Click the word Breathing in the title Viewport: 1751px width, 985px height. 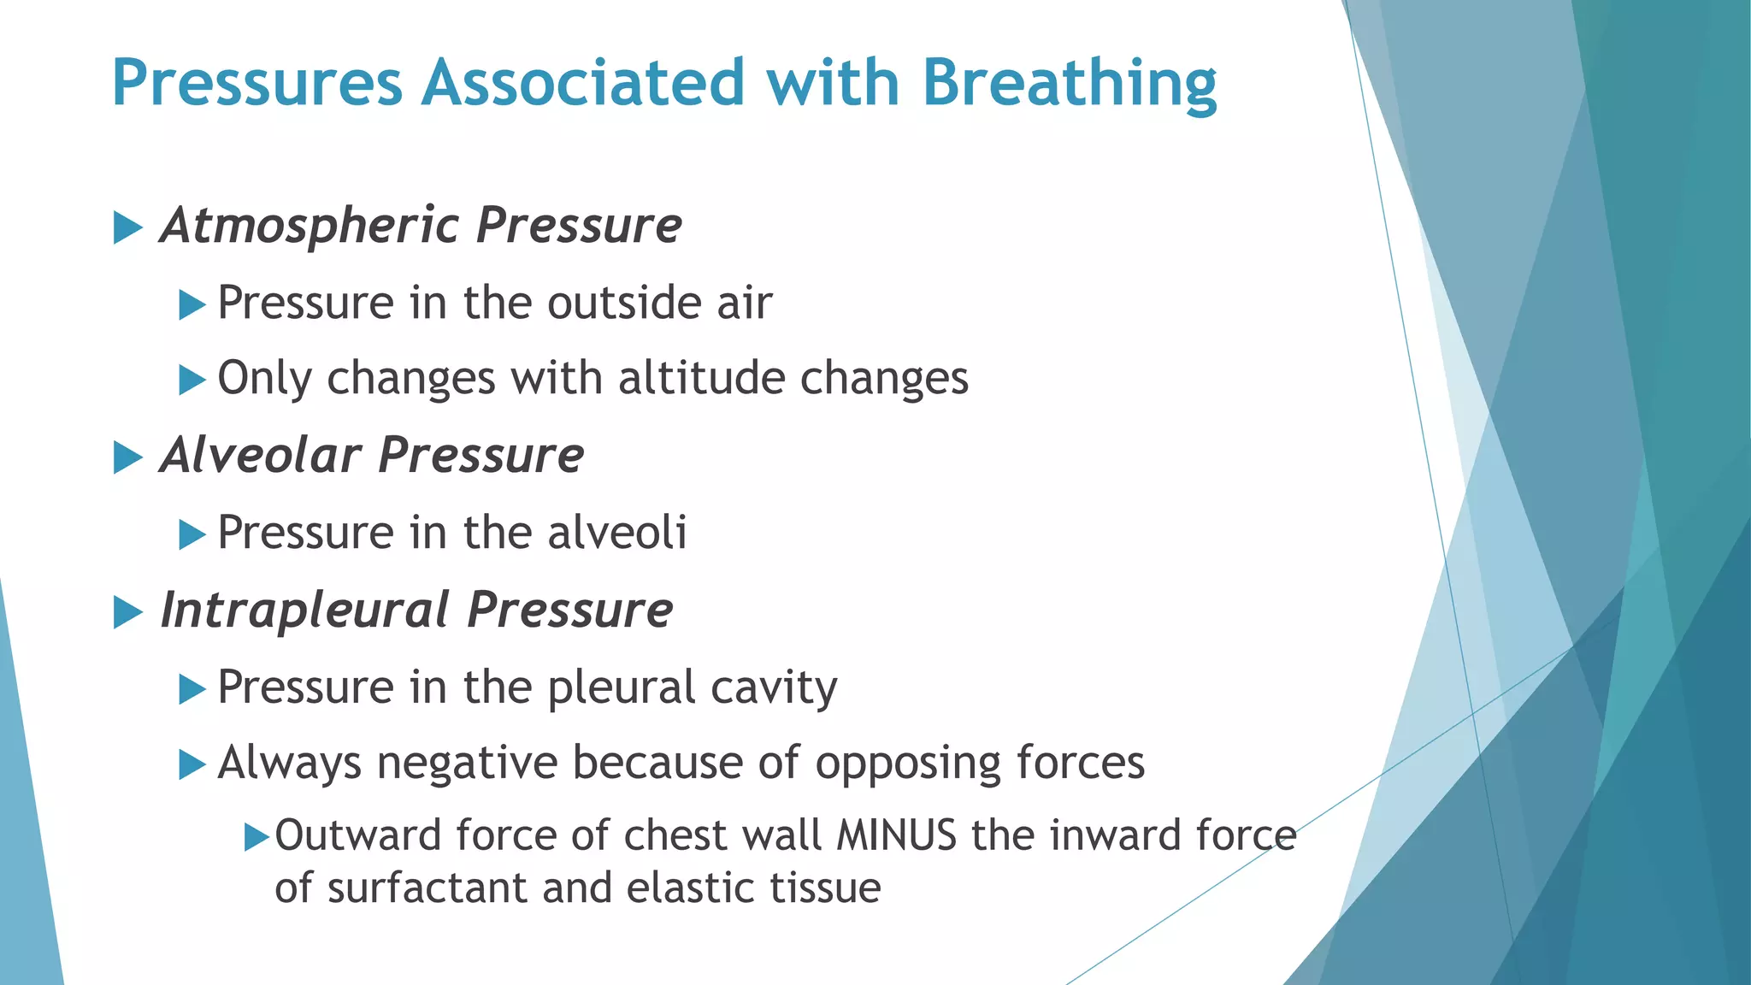pyautogui.click(x=1069, y=84)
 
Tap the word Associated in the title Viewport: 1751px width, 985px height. pyautogui.click(x=582, y=84)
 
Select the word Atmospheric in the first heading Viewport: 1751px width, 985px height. pyautogui.click(x=310, y=226)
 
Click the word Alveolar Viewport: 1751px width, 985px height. pyautogui.click(x=260, y=455)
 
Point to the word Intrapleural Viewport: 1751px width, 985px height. pyautogui.click(x=305, y=610)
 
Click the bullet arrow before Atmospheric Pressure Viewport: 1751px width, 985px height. pyautogui.click(x=127, y=228)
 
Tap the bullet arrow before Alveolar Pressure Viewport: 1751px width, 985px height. pyautogui.click(x=127, y=457)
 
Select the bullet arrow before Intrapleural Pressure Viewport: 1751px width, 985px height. pyautogui.click(x=127, y=612)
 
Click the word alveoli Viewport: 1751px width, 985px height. pyautogui.click(x=616, y=533)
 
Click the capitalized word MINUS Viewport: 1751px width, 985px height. pyautogui.click(x=897, y=835)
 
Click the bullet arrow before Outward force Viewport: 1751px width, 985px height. pyautogui.click(x=256, y=837)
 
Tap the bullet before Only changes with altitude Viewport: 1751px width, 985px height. pyautogui.click(x=192, y=380)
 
